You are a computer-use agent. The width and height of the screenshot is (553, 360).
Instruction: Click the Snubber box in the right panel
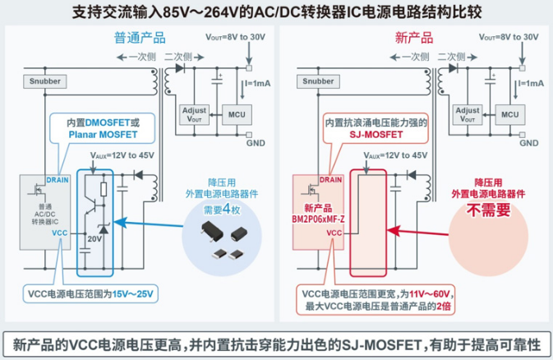pyautogui.click(x=318, y=82)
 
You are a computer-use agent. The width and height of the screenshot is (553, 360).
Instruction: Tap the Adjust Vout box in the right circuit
pyautogui.click(x=468, y=115)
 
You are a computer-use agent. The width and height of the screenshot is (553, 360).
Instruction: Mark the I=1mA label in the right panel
pyautogui.click(x=531, y=83)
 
